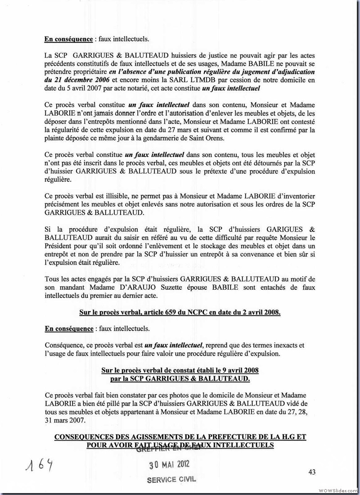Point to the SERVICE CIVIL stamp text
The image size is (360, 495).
coord(172,479)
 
